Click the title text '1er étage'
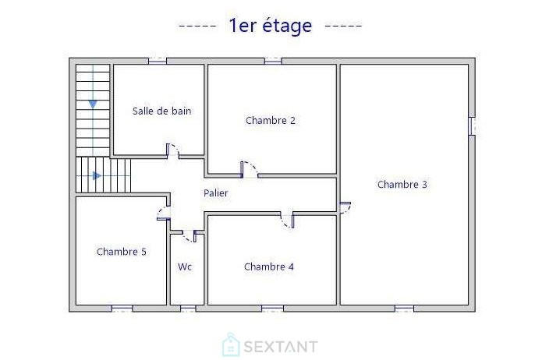pos(270,26)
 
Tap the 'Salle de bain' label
pos(161,111)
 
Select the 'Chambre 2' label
pos(270,120)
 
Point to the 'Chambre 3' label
pos(402,185)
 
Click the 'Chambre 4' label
pos(268,266)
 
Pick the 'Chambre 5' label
pos(121,252)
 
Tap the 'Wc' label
pos(185,266)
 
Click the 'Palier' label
pos(216,192)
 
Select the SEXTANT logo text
pos(281,346)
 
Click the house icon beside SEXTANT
pos(230,345)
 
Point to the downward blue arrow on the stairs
pos(93,103)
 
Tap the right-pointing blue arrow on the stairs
pos(97,175)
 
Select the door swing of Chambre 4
pos(288,220)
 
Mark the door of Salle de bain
pos(173,150)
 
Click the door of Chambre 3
pos(345,206)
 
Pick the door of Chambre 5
pos(164,213)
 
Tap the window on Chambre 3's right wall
pos(472,126)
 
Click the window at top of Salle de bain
pos(158,60)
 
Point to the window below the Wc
pos(187,309)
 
